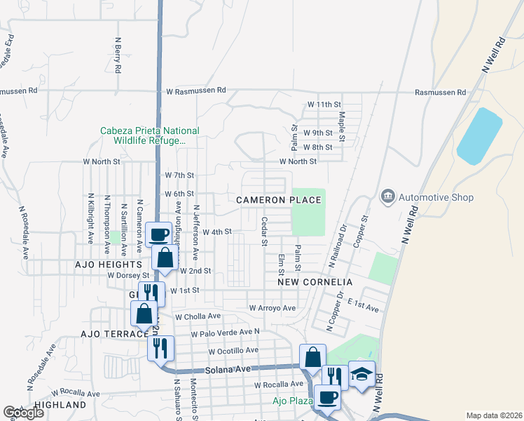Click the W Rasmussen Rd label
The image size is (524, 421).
click(x=196, y=91)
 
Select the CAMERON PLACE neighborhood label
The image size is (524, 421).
click(x=279, y=200)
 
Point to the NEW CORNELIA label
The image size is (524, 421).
click(x=315, y=281)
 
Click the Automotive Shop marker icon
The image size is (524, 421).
click(x=387, y=198)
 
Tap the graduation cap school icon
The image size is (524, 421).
click(x=362, y=375)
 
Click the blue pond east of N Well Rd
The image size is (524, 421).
click(x=480, y=135)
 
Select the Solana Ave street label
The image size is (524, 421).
click(x=228, y=370)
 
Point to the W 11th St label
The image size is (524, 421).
click(x=324, y=105)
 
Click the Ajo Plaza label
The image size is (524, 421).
click(x=292, y=401)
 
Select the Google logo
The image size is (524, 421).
click(x=23, y=413)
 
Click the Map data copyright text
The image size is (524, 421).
click(x=495, y=415)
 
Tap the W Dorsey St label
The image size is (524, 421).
click(x=129, y=276)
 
